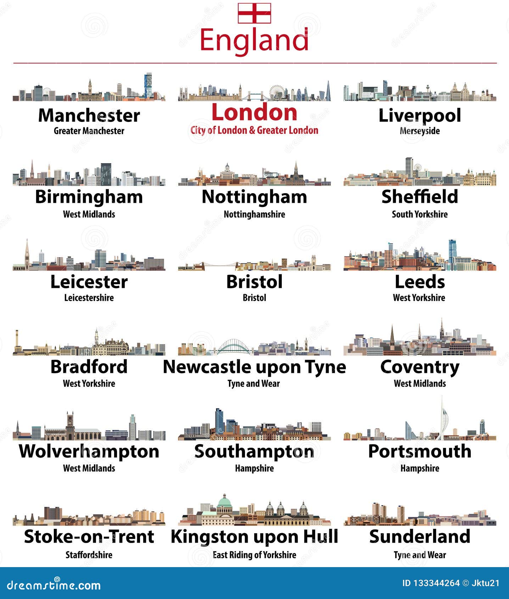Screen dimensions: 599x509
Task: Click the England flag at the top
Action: [254, 13]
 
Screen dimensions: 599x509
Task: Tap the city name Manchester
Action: [89, 116]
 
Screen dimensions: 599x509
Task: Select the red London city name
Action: [254, 112]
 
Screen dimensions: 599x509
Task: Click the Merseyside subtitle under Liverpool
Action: [420, 131]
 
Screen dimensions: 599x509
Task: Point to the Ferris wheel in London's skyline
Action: [277, 92]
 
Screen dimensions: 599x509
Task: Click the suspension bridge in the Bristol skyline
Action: [213, 265]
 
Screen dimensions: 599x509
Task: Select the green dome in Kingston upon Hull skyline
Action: [224, 501]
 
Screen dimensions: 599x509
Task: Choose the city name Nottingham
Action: [254, 197]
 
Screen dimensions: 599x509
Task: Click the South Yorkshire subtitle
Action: [420, 214]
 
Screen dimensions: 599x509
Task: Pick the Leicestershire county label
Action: [89, 298]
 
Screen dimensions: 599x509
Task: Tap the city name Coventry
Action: [420, 367]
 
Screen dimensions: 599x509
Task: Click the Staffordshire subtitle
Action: [89, 555]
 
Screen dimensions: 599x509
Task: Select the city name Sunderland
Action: [420, 536]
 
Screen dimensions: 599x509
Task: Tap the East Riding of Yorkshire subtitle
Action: [254, 555]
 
